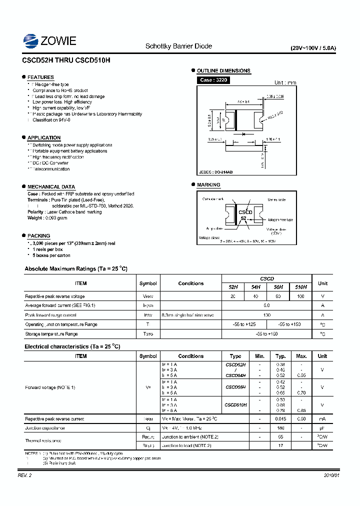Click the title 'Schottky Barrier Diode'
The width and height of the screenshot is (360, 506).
click(178, 46)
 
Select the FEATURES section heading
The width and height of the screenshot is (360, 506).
click(40, 77)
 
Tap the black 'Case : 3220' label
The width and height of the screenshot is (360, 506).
click(213, 80)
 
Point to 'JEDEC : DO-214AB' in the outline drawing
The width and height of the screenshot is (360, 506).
click(216, 172)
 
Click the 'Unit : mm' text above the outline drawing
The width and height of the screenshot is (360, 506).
click(285, 82)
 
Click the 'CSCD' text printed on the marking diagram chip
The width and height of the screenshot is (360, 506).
click(245, 212)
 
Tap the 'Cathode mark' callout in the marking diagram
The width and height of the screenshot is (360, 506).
click(212, 199)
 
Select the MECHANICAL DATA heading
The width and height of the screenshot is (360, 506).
click(51, 186)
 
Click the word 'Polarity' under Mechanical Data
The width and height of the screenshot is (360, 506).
click(36, 212)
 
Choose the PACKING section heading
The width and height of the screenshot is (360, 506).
click(38, 235)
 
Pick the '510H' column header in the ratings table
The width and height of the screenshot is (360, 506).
click(300, 287)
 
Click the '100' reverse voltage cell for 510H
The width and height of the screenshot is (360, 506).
click(300, 296)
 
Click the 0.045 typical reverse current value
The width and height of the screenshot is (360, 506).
click(281, 419)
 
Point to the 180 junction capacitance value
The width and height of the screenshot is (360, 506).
click(281, 428)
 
